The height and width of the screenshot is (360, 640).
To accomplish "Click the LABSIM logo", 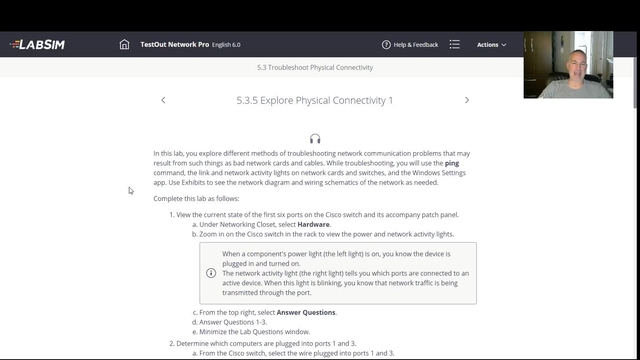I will pyautogui.click(x=40, y=45).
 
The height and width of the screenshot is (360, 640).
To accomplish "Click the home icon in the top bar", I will pyautogui.click(x=124, y=45).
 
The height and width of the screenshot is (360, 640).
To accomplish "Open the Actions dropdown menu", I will pyautogui.click(x=491, y=45).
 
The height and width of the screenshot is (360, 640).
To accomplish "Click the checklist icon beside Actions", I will pyautogui.click(x=455, y=45).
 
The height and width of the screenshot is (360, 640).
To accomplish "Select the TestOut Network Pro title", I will pyautogui.click(x=174, y=45).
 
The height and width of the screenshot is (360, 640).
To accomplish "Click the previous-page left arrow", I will pyautogui.click(x=163, y=100).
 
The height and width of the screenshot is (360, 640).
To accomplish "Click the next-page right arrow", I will pyautogui.click(x=467, y=100).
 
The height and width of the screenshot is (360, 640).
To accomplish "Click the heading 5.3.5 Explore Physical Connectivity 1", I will pyautogui.click(x=314, y=100).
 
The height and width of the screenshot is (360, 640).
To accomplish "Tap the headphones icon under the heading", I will pyautogui.click(x=315, y=139).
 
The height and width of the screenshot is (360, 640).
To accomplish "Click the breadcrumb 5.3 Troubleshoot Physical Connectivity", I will pyautogui.click(x=314, y=68).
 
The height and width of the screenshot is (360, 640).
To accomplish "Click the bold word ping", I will pyautogui.click(x=452, y=162).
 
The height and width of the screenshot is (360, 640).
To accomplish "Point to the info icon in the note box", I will pyautogui.click(x=211, y=272).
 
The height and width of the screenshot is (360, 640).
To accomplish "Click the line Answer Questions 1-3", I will pyautogui.click(x=232, y=322).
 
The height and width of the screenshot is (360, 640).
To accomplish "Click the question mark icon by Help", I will pyautogui.click(x=386, y=45).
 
